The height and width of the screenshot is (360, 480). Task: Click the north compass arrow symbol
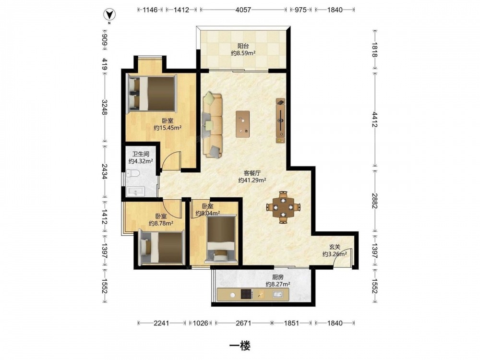[108, 14]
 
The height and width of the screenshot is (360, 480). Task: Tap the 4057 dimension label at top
[243, 10]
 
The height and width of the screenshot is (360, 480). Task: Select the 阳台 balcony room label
[243, 46]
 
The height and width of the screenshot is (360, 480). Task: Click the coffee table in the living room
[242, 124]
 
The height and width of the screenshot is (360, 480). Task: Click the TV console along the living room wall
[280, 120]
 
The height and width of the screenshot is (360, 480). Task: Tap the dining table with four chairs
[284, 207]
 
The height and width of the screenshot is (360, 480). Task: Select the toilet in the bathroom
[132, 174]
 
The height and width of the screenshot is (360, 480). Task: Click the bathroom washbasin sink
[135, 192]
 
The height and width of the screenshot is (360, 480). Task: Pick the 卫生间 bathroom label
[141, 154]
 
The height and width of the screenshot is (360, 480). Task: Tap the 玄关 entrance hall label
[335, 247]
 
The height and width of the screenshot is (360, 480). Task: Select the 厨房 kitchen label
[278, 277]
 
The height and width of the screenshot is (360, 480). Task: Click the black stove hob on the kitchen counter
[247, 295]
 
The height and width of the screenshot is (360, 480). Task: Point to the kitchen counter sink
[277, 295]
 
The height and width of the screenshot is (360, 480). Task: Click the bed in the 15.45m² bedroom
[152, 93]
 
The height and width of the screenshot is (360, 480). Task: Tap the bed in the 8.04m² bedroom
[221, 239]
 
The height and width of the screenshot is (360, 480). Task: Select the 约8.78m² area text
[161, 224]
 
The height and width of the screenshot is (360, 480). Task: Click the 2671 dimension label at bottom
[244, 323]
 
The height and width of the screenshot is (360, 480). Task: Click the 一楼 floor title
[240, 346]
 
